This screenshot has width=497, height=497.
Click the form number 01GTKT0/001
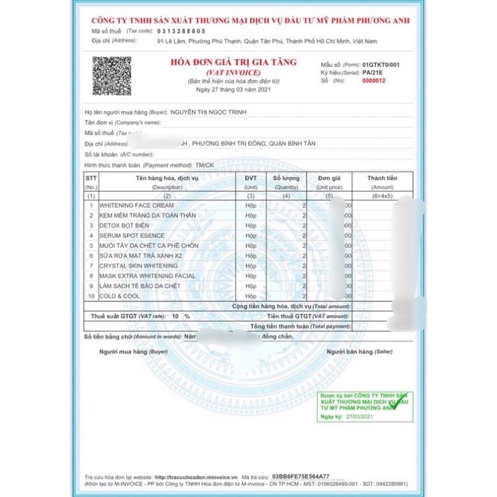pos(381,65)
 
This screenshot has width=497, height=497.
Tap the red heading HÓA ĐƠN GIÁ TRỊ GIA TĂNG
pos(233,63)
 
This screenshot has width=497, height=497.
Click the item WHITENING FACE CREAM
pos(136,205)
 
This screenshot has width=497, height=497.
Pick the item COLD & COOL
pos(119,296)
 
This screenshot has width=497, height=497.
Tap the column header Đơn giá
pos(329,178)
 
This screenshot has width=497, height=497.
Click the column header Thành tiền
pos(382,178)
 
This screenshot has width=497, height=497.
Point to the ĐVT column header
pos(251,178)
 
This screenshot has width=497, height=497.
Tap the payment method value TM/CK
pos(205,164)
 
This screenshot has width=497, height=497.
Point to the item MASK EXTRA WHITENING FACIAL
pos(147,275)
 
